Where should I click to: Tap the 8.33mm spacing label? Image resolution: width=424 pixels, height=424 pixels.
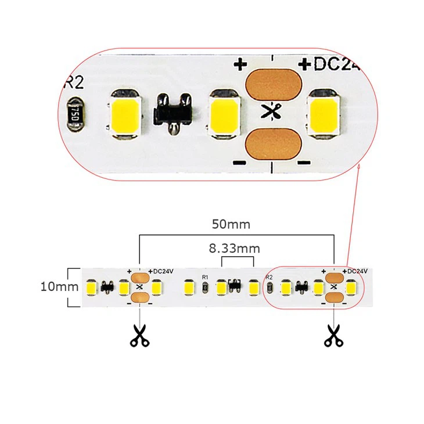234,249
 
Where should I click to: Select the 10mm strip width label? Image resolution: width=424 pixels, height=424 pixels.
59,286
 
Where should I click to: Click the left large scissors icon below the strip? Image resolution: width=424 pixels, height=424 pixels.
139,335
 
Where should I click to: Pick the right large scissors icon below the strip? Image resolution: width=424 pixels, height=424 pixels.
333,335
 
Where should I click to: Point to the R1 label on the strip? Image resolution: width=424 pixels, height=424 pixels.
204,277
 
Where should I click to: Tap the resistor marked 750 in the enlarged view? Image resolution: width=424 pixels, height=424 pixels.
74,110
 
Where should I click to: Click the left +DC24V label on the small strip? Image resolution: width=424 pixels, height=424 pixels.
161,271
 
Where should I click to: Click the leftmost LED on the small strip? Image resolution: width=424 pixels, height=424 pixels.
91,287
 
